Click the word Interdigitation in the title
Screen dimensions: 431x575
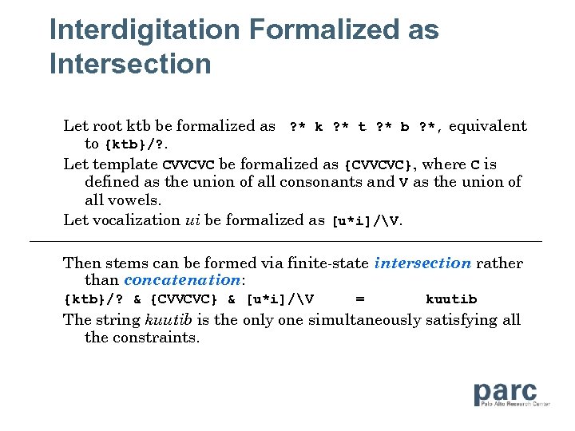point(144,30)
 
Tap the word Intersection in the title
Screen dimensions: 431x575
point(130,64)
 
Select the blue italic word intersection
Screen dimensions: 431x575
point(422,263)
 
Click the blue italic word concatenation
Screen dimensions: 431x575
point(182,280)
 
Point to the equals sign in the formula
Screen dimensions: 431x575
point(360,299)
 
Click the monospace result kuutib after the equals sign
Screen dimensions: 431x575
point(451,299)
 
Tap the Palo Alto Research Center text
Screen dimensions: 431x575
point(515,405)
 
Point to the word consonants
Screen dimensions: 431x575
point(335,182)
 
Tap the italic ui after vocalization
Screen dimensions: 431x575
point(192,220)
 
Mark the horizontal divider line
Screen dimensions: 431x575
point(285,241)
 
